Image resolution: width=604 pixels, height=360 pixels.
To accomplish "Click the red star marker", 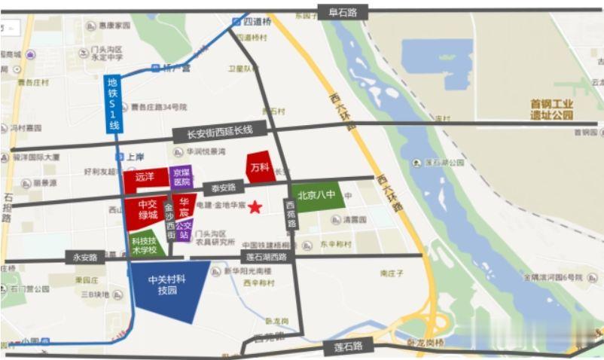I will (x=256, y=206).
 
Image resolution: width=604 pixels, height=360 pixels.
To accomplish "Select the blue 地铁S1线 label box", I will (x=113, y=105).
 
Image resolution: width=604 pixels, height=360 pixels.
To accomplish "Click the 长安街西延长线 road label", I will (x=213, y=134).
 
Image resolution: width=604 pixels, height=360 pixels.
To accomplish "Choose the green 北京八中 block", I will (x=316, y=195).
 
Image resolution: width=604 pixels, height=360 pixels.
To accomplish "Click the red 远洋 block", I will (x=145, y=178).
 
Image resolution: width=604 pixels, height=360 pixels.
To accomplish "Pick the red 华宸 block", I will (x=185, y=207).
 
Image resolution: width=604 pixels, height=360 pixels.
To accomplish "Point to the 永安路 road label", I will (x=85, y=258).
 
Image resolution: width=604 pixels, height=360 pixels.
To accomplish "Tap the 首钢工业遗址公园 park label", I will (x=551, y=109).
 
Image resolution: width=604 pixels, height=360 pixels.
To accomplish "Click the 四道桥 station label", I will (x=255, y=21).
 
